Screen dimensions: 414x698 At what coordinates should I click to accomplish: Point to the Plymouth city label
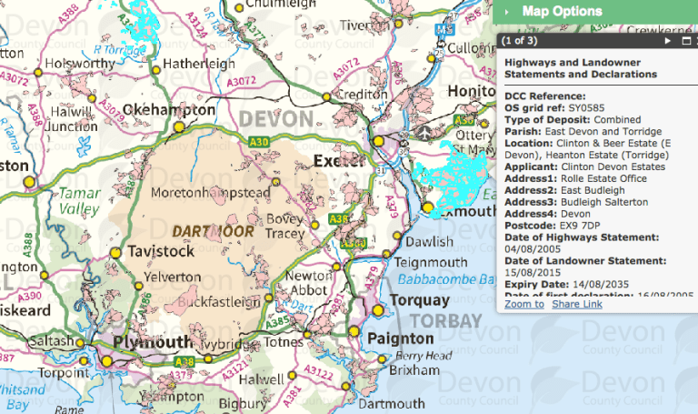point(152,341)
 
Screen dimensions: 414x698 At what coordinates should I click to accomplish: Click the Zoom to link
point(524,303)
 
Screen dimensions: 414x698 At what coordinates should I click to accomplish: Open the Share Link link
point(577,303)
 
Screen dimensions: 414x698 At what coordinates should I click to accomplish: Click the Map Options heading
point(562,12)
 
